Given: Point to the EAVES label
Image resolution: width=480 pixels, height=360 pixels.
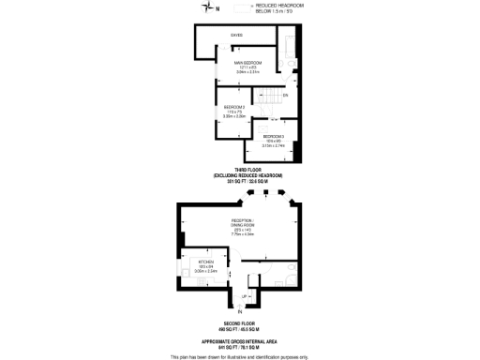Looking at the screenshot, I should [x=236, y=36].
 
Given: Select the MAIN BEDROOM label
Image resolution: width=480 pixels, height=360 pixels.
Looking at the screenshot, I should [x=247, y=62].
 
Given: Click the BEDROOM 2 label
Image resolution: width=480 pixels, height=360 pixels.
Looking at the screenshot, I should [x=234, y=108].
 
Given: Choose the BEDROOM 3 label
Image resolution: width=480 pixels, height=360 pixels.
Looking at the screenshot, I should [x=274, y=137].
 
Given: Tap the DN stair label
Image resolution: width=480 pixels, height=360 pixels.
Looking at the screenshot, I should [x=285, y=97].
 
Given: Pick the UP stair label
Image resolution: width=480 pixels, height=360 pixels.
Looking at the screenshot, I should [x=246, y=296].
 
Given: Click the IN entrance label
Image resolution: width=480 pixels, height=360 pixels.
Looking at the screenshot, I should [x=240, y=310].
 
